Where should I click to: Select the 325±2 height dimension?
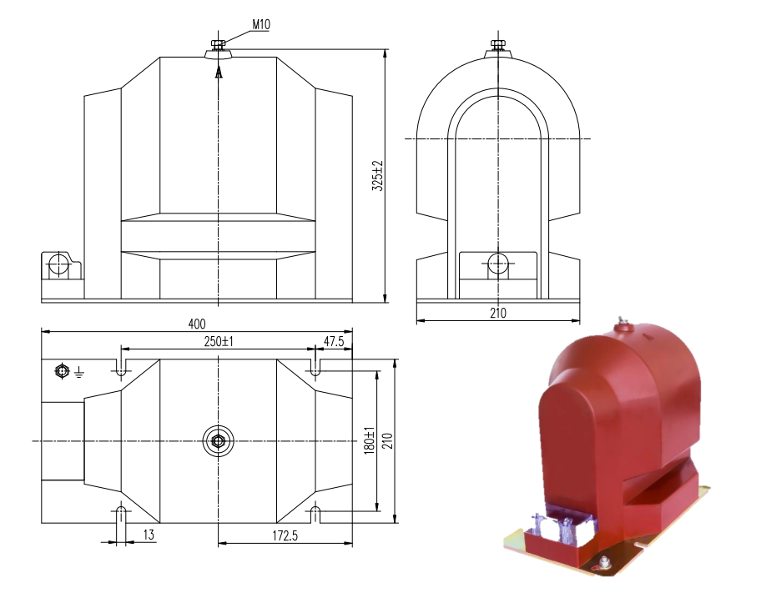tap(377, 177)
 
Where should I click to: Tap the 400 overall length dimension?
tap(197, 324)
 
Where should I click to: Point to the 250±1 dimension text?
tap(219, 342)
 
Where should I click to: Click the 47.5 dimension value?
tap(334, 342)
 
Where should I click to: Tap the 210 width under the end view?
tap(498, 313)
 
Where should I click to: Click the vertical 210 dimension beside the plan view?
tap(386, 440)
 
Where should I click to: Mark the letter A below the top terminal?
tap(219, 73)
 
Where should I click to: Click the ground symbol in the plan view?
tap(78, 372)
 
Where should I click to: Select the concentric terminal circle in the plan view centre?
tap(219, 440)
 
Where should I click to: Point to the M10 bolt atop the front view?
tap(219, 45)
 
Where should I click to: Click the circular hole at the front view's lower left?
tap(59, 266)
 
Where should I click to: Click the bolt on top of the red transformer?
tap(621, 323)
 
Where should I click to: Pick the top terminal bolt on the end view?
tap(498, 45)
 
